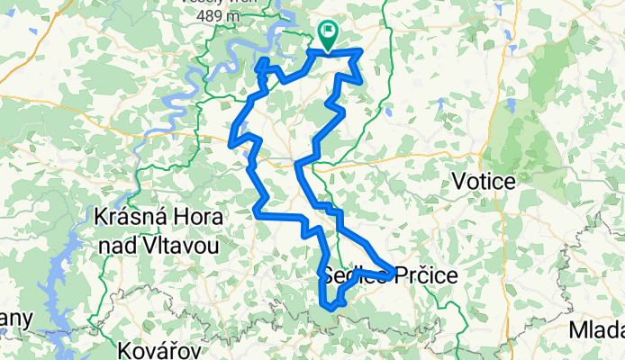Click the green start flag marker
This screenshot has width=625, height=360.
(327, 35)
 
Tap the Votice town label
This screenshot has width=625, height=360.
(486, 182)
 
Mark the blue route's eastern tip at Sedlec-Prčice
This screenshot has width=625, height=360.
(394, 269)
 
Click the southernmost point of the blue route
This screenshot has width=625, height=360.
(331, 308)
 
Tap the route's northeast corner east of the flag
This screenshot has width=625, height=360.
(361, 51)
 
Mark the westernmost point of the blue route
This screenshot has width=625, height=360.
(231, 143)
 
